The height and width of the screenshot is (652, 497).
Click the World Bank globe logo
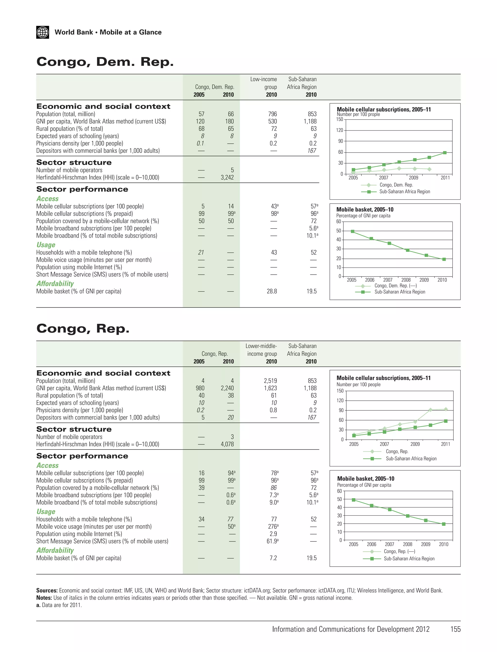click(x=43, y=32)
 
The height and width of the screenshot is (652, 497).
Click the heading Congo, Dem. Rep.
click(x=105, y=62)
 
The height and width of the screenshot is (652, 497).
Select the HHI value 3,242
click(x=227, y=177)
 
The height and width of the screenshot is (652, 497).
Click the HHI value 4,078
click(x=227, y=444)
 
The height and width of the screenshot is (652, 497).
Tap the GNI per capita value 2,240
click(x=227, y=388)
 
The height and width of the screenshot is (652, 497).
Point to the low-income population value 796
click(x=272, y=114)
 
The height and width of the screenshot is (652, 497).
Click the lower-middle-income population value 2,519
click(x=270, y=381)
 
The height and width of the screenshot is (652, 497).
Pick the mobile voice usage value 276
click(x=273, y=527)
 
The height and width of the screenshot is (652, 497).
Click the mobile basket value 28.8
click(x=272, y=291)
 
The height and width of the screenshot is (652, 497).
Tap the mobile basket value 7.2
click(x=273, y=558)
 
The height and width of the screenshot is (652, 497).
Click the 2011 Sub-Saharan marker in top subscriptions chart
click(x=445, y=153)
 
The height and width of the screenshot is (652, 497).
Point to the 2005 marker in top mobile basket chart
click(x=353, y=232)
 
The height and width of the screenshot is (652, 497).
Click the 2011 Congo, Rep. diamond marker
click(x=446, y=409)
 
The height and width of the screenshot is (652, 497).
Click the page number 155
click(x=455, y=629)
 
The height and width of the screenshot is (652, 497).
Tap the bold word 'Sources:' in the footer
click(x=47, y=590)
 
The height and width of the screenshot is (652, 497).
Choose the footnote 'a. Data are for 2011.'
click(x=59, y=605)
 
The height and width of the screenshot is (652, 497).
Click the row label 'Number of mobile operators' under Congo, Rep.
click(x=69, y=437)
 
